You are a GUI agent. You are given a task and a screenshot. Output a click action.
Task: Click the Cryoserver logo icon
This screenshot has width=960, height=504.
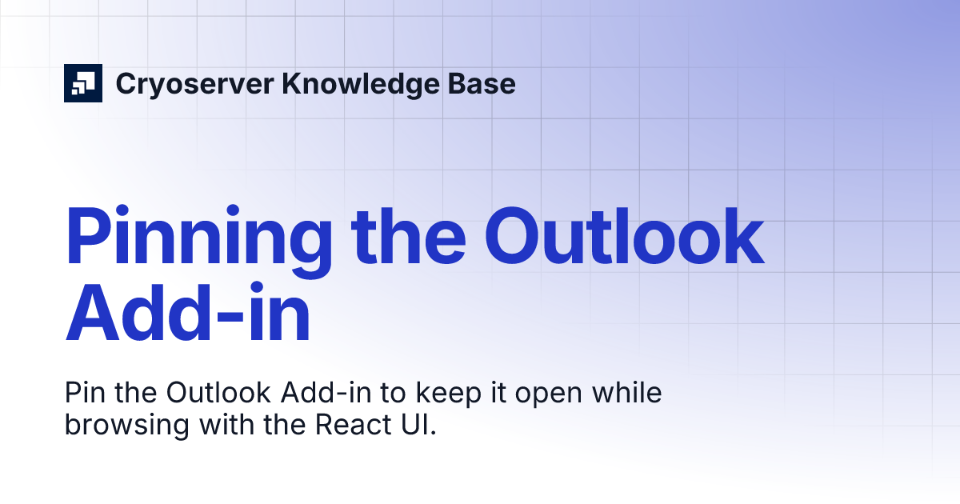click(83, 82)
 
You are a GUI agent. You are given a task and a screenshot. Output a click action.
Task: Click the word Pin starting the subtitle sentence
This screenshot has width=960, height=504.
click(85, 394)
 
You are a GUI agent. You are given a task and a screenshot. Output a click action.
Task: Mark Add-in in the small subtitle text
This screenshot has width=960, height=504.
click(313, 394)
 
